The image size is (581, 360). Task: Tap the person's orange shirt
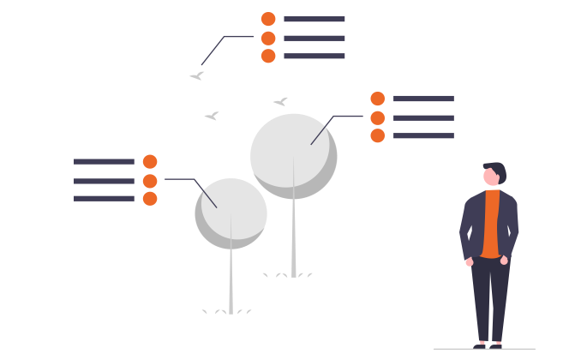pyautogui.click(x=491, y=223)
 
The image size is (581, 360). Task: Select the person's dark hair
pyautogui.click(x=497, y=168)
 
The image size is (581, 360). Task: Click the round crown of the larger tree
pyautogui.click(x=292, y=154)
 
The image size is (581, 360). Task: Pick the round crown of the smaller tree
pyautogui.click(x=230, y=212)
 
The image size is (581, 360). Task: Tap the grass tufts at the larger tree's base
pyautogui.click(x=287, y=275)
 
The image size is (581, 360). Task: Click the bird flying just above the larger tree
pyautogui.click(x=280, y=101)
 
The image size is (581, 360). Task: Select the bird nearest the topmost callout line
pyautogui.click(x=197, y=76)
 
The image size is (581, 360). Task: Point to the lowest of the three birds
pyautogui.click(x=211, y=116)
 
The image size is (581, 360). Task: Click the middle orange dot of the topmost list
pyautogui.click(x=268, y=38)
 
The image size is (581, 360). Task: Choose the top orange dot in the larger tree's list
pyautogui.click(x=377, y=99)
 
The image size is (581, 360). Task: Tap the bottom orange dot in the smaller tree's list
pyautogui.click(x=150, y=199)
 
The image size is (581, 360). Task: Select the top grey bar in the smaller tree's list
pyautogui.click(x=104, y=161)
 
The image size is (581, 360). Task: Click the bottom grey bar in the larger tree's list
pyautogui.click(x=423, y=135)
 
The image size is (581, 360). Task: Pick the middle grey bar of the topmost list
pyautogui.click(x=314, y=38)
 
